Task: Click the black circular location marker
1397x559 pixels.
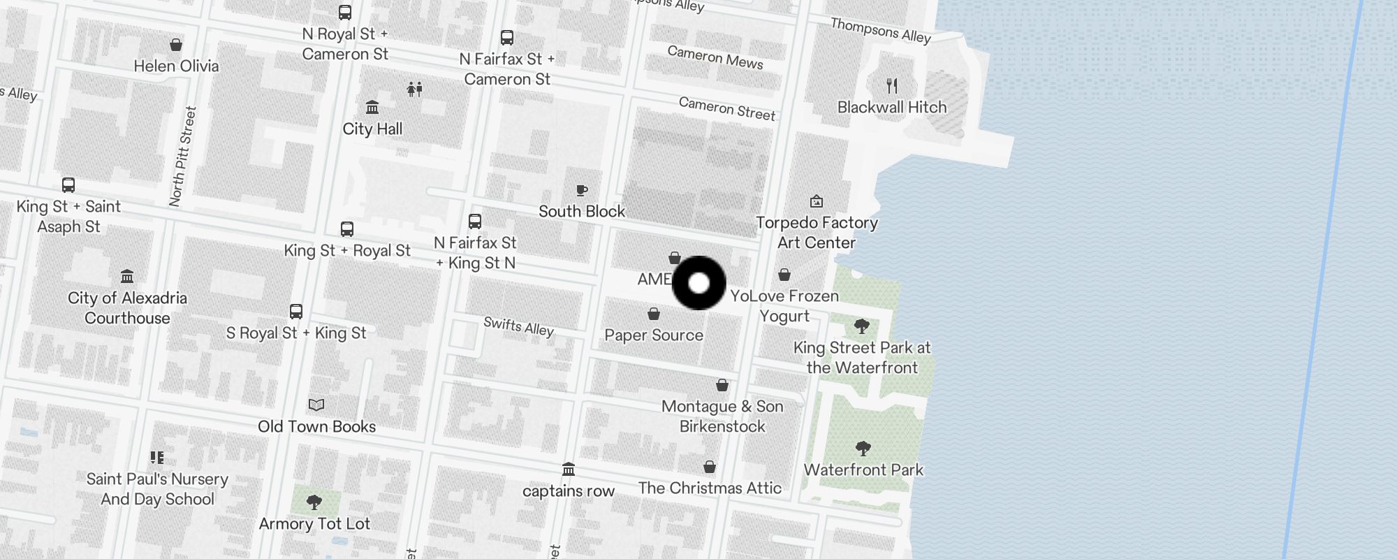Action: [698, 283]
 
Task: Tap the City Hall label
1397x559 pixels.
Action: [372, 129]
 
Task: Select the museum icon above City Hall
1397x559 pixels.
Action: [372, 108]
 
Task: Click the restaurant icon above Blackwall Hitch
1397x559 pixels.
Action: [892, 86]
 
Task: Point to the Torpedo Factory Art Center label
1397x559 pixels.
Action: [817, 233]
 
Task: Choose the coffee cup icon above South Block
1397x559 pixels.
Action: [581, 190]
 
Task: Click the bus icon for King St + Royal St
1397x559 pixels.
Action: [346, 229]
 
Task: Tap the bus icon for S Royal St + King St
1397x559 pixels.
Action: [296, 312]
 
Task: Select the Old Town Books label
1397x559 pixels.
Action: [316, 426]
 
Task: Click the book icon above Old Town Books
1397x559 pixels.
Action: [316, 405]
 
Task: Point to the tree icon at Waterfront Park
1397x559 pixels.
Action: [863, 449]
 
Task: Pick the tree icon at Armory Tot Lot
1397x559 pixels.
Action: [314, 502]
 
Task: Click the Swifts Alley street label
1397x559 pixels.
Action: [518, 326]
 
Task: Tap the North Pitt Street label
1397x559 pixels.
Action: [183, 157]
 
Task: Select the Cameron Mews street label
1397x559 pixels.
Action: [715, 57]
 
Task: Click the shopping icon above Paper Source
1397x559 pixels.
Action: [654, 314]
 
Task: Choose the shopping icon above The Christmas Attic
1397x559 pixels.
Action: [710, 467]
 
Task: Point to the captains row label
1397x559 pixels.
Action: [569, 491]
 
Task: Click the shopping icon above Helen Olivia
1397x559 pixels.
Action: [176, 45]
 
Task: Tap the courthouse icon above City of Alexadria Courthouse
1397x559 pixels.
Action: [127, 276]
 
